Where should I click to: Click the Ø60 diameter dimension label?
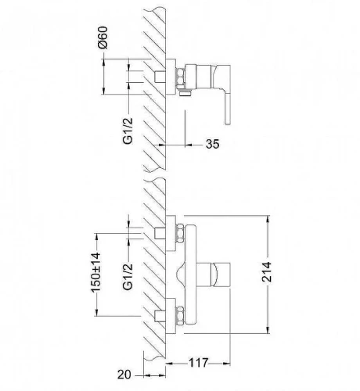103,38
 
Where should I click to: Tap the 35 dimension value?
212,144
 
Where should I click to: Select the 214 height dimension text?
267,272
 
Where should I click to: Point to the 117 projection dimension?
198,363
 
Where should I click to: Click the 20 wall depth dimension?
124,375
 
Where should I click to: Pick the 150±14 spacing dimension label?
95,272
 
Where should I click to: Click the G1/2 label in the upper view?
128,131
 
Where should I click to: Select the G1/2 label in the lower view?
128,277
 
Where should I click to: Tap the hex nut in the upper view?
180,77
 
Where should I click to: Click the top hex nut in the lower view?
180,234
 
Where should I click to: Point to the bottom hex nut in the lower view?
180,316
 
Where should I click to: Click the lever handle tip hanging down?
228,115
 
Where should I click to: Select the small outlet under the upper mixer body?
185,92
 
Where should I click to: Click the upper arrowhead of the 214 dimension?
268,219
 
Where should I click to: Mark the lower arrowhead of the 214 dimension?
268,330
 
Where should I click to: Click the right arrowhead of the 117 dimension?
226,363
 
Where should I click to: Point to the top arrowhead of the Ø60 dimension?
103,63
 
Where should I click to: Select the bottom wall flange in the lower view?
171,316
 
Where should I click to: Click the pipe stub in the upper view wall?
160,77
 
